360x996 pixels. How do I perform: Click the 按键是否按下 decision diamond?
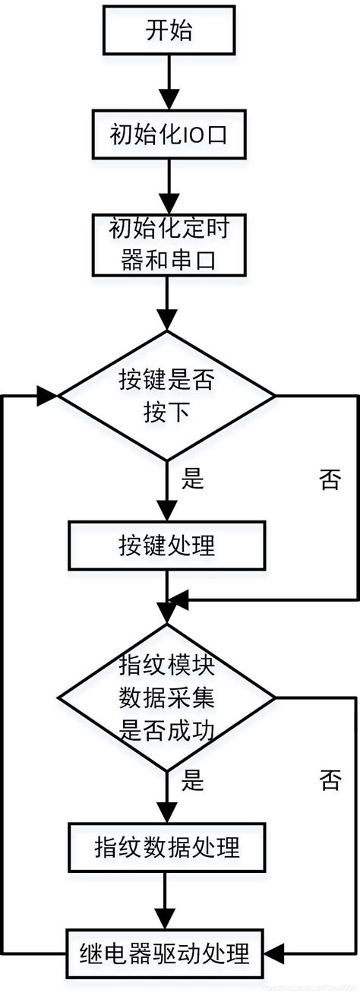point(167,396)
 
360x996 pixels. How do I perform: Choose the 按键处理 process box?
point(167,545)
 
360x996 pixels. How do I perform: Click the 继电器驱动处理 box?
point(167,949)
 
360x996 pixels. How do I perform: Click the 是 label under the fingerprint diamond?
point(193,780)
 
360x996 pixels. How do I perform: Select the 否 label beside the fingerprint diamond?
point(330,780)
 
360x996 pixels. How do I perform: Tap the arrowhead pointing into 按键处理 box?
point(167,510)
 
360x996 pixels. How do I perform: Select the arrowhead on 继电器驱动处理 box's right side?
point(276,949)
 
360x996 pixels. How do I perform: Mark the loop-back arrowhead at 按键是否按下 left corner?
point(48,396)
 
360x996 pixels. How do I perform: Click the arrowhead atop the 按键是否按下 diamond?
point(167,320)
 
